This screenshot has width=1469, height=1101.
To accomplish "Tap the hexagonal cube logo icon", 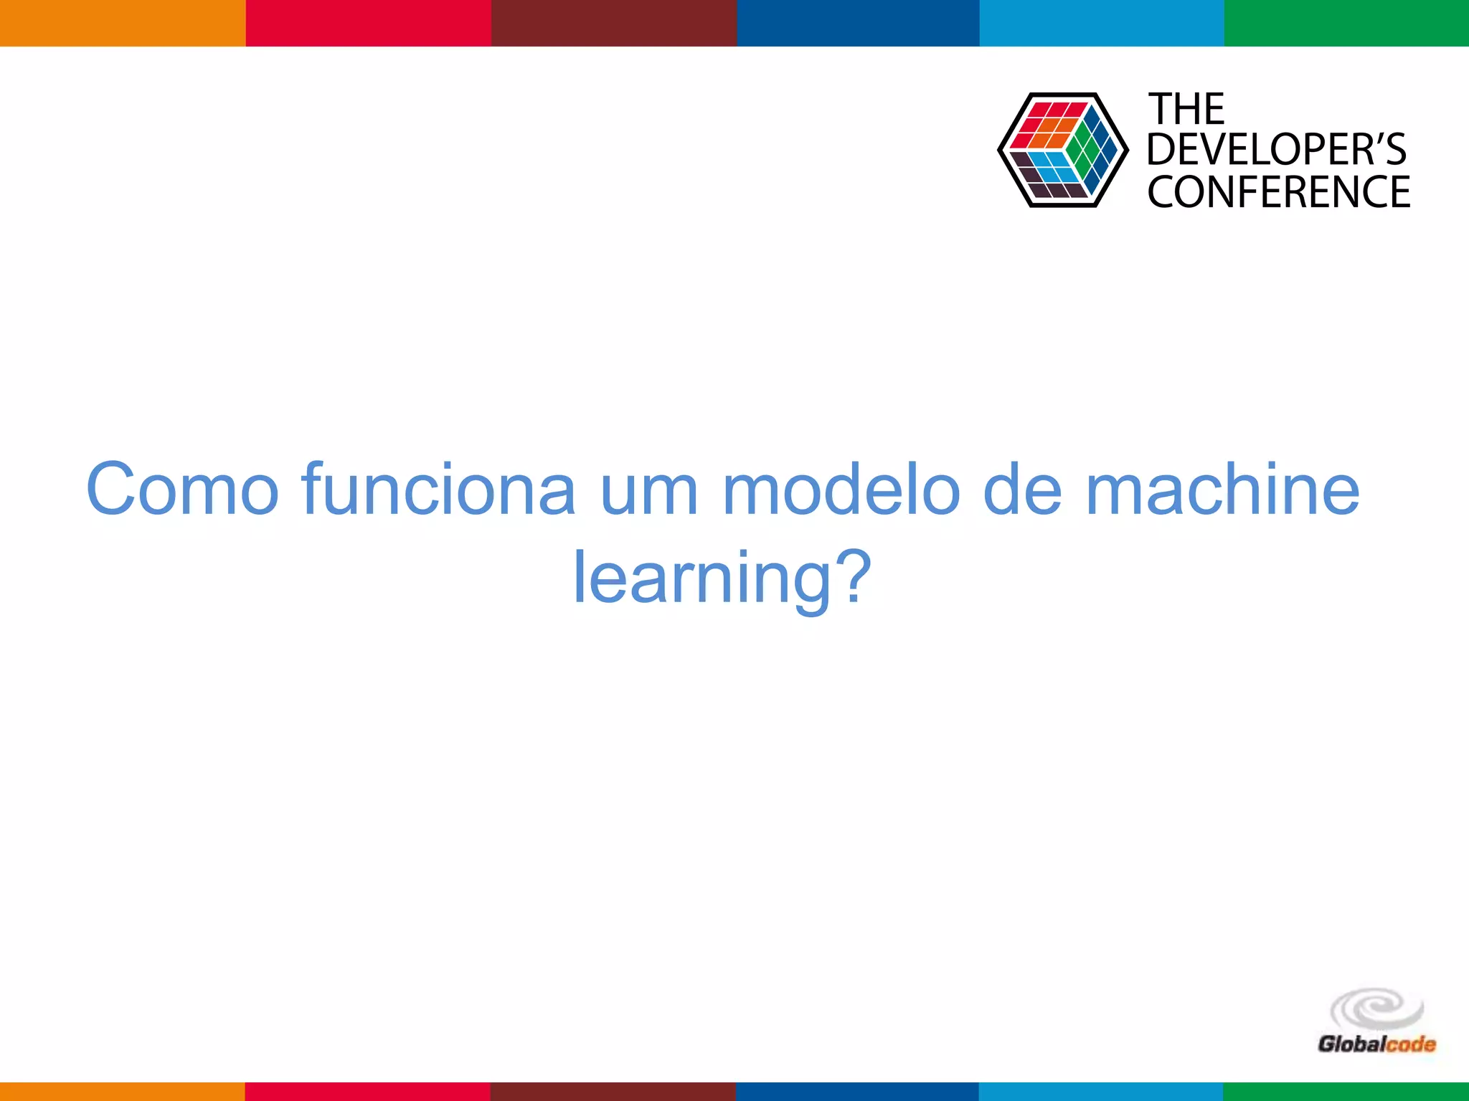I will pos(1062,150).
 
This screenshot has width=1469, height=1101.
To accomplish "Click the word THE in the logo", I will pos(1187,110).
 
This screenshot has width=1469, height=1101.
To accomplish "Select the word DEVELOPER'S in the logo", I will pos(1276,150).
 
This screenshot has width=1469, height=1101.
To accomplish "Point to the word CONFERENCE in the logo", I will pos(1278,191).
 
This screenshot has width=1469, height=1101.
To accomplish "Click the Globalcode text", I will pos(1376,1044).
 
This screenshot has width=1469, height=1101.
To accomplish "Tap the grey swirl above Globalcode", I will pos(1376,1009).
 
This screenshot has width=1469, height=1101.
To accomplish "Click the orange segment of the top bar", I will pos(123,23).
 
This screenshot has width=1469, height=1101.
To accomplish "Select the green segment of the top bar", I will pos(1346,23).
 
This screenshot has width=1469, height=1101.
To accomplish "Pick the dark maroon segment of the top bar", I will pos(613,23).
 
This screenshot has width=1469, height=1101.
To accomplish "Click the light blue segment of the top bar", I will pos(1101,23).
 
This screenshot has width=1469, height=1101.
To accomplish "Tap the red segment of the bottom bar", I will pos(368,1092).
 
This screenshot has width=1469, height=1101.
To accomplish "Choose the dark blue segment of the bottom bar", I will pos(857,1092).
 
